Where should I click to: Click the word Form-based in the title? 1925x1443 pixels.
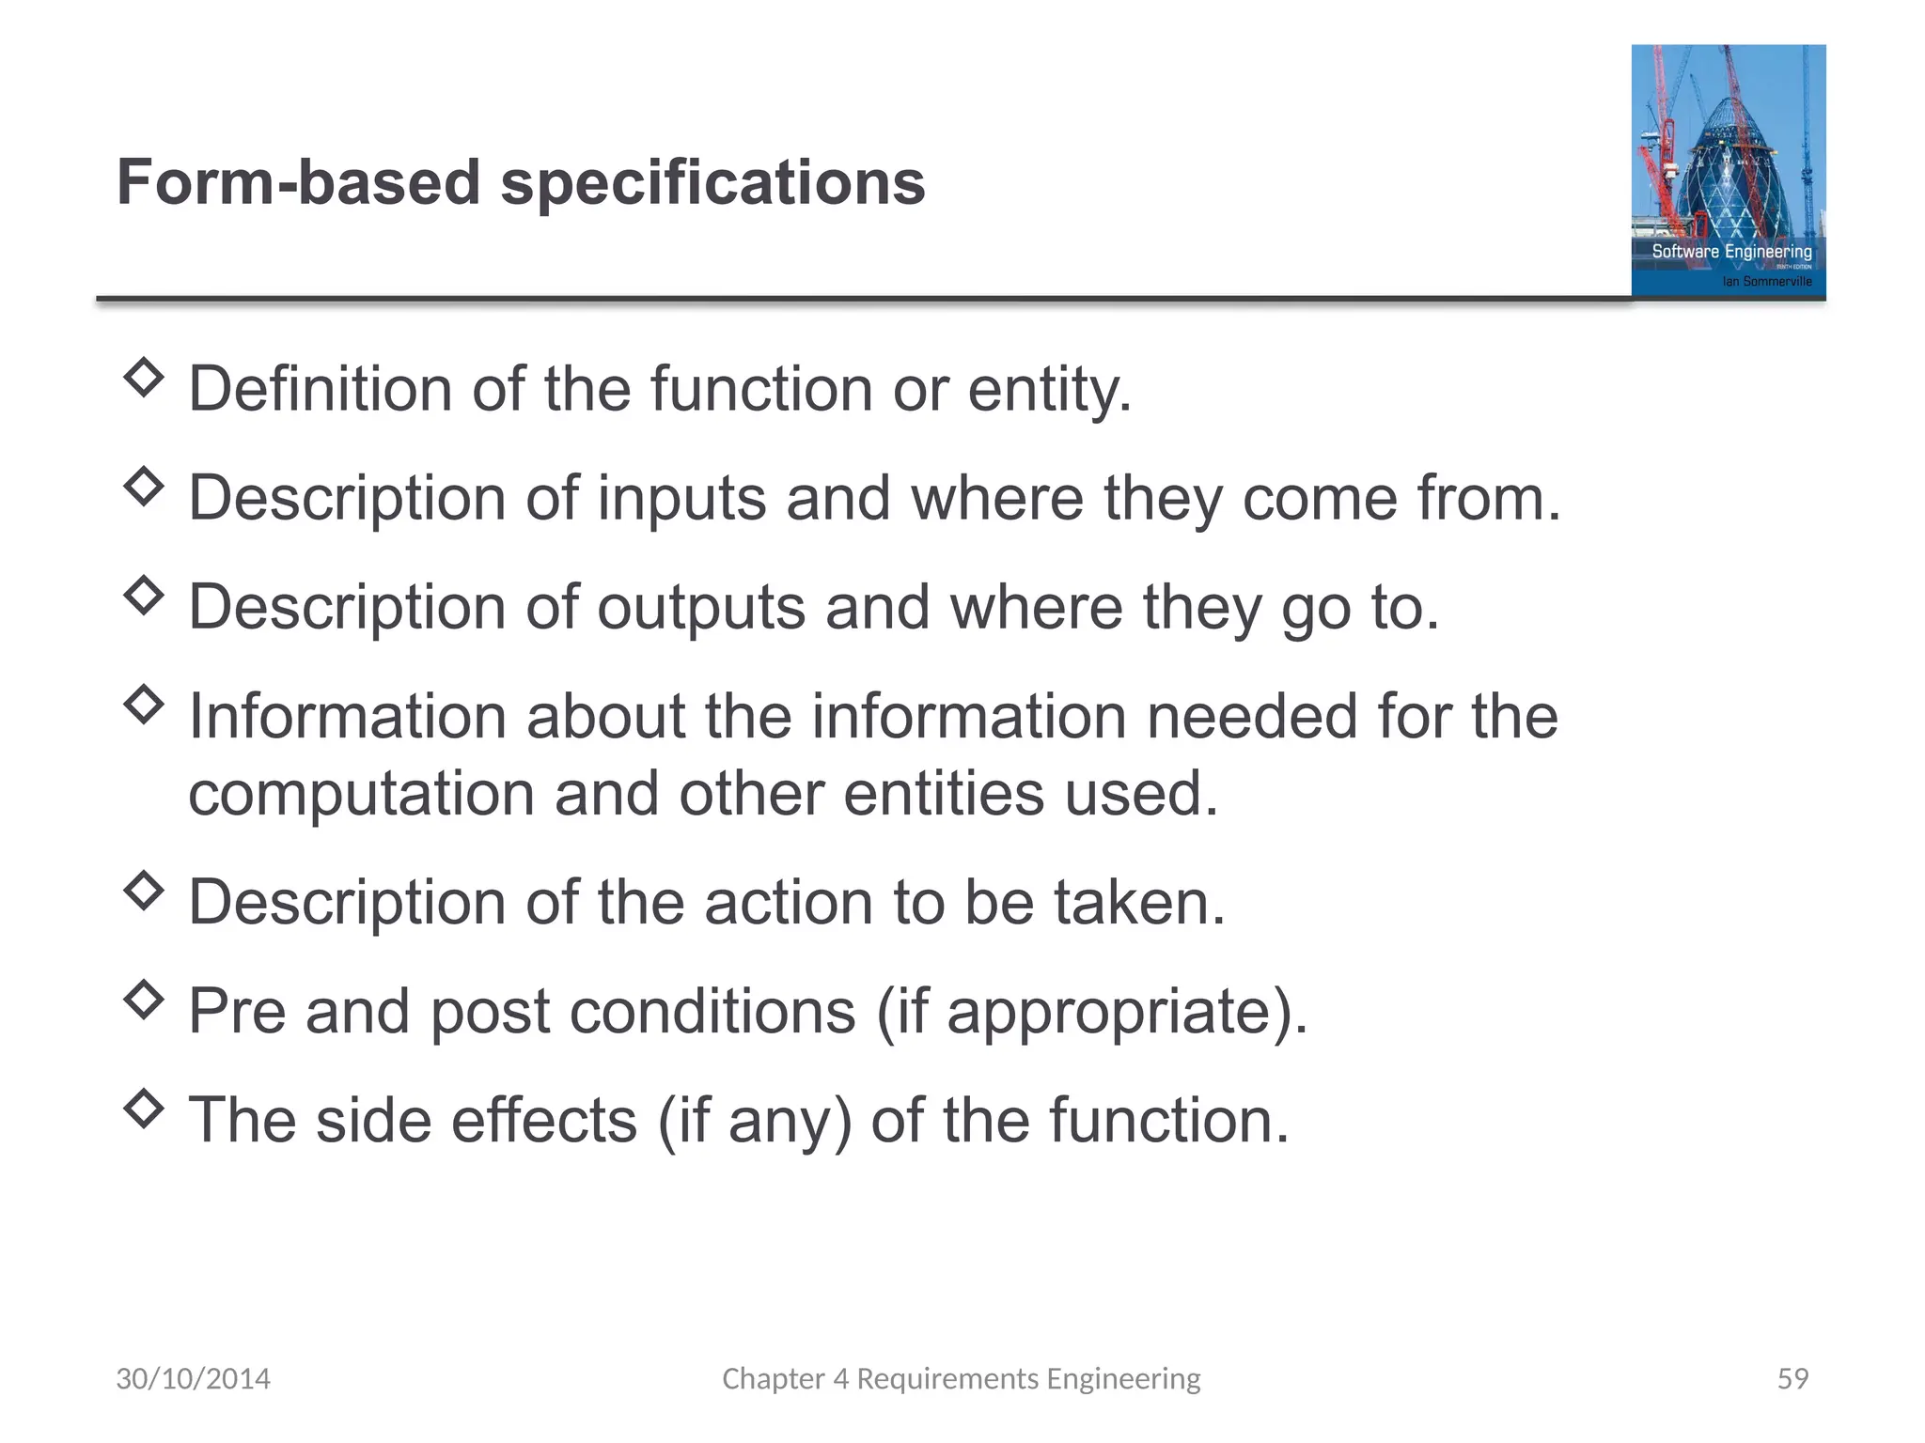click(x=298, y=182)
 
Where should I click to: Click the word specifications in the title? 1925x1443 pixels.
click(x=712, y=184)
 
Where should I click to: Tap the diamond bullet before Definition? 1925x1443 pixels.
click(x=144, y=378)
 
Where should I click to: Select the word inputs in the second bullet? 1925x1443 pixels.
click(x=681, y=498)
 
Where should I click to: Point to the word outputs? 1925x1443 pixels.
click(x=701, y=607)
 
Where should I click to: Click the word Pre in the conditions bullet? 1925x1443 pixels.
click(x=237, y=1011)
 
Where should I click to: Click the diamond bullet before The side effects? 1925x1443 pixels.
click(x=144, y=1109)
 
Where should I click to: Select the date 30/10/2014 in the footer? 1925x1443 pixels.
click(x=193, y=1378)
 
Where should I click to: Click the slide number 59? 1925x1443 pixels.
click(x=1792, y=1378)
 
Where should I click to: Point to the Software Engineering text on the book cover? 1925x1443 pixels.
click(x=1731, y=252)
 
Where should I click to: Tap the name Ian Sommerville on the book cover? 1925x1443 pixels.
click(x=1767, y=281)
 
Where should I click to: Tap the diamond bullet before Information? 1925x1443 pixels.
click(x=144, y=704)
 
